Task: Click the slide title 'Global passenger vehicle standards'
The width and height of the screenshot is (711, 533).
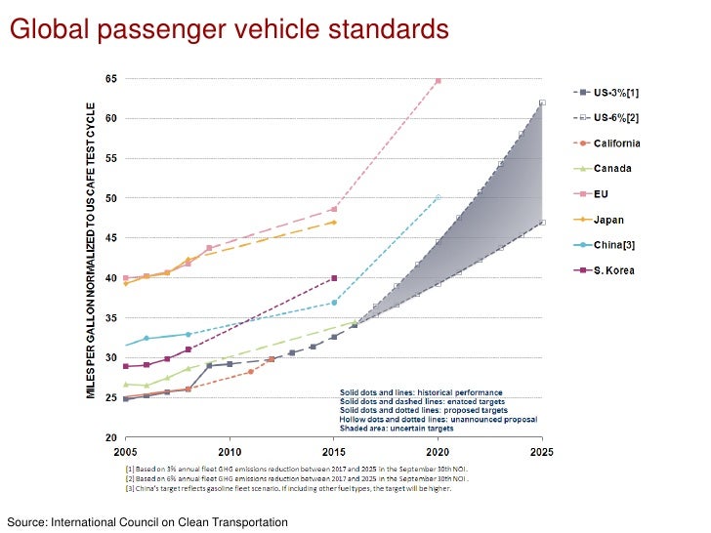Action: tap(229, 29)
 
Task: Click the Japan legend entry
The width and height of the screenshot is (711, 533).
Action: tap(625, 219)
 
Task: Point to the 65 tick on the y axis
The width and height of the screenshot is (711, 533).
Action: tap(112, 78)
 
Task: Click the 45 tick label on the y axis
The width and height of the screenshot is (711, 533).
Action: tap(112, 238)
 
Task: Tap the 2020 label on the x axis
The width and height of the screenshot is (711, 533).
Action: tap(438, 452)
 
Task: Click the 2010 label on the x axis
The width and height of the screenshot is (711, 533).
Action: tap(230, 452)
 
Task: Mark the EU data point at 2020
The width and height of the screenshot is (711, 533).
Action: tap(438, 80)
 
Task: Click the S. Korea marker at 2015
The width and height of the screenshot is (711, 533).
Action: tap(334, 278)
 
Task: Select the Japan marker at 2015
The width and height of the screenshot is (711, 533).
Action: tap(334, 223)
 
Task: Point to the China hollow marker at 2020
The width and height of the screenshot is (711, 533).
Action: tap(438, 197)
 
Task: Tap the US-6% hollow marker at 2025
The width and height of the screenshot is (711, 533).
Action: tap(542, 102)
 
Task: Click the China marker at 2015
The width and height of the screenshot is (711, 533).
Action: tap(334, 303)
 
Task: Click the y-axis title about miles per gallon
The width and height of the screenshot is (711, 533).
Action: tap(90, 249)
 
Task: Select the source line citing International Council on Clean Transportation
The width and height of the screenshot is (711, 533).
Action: tap(147, 523)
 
